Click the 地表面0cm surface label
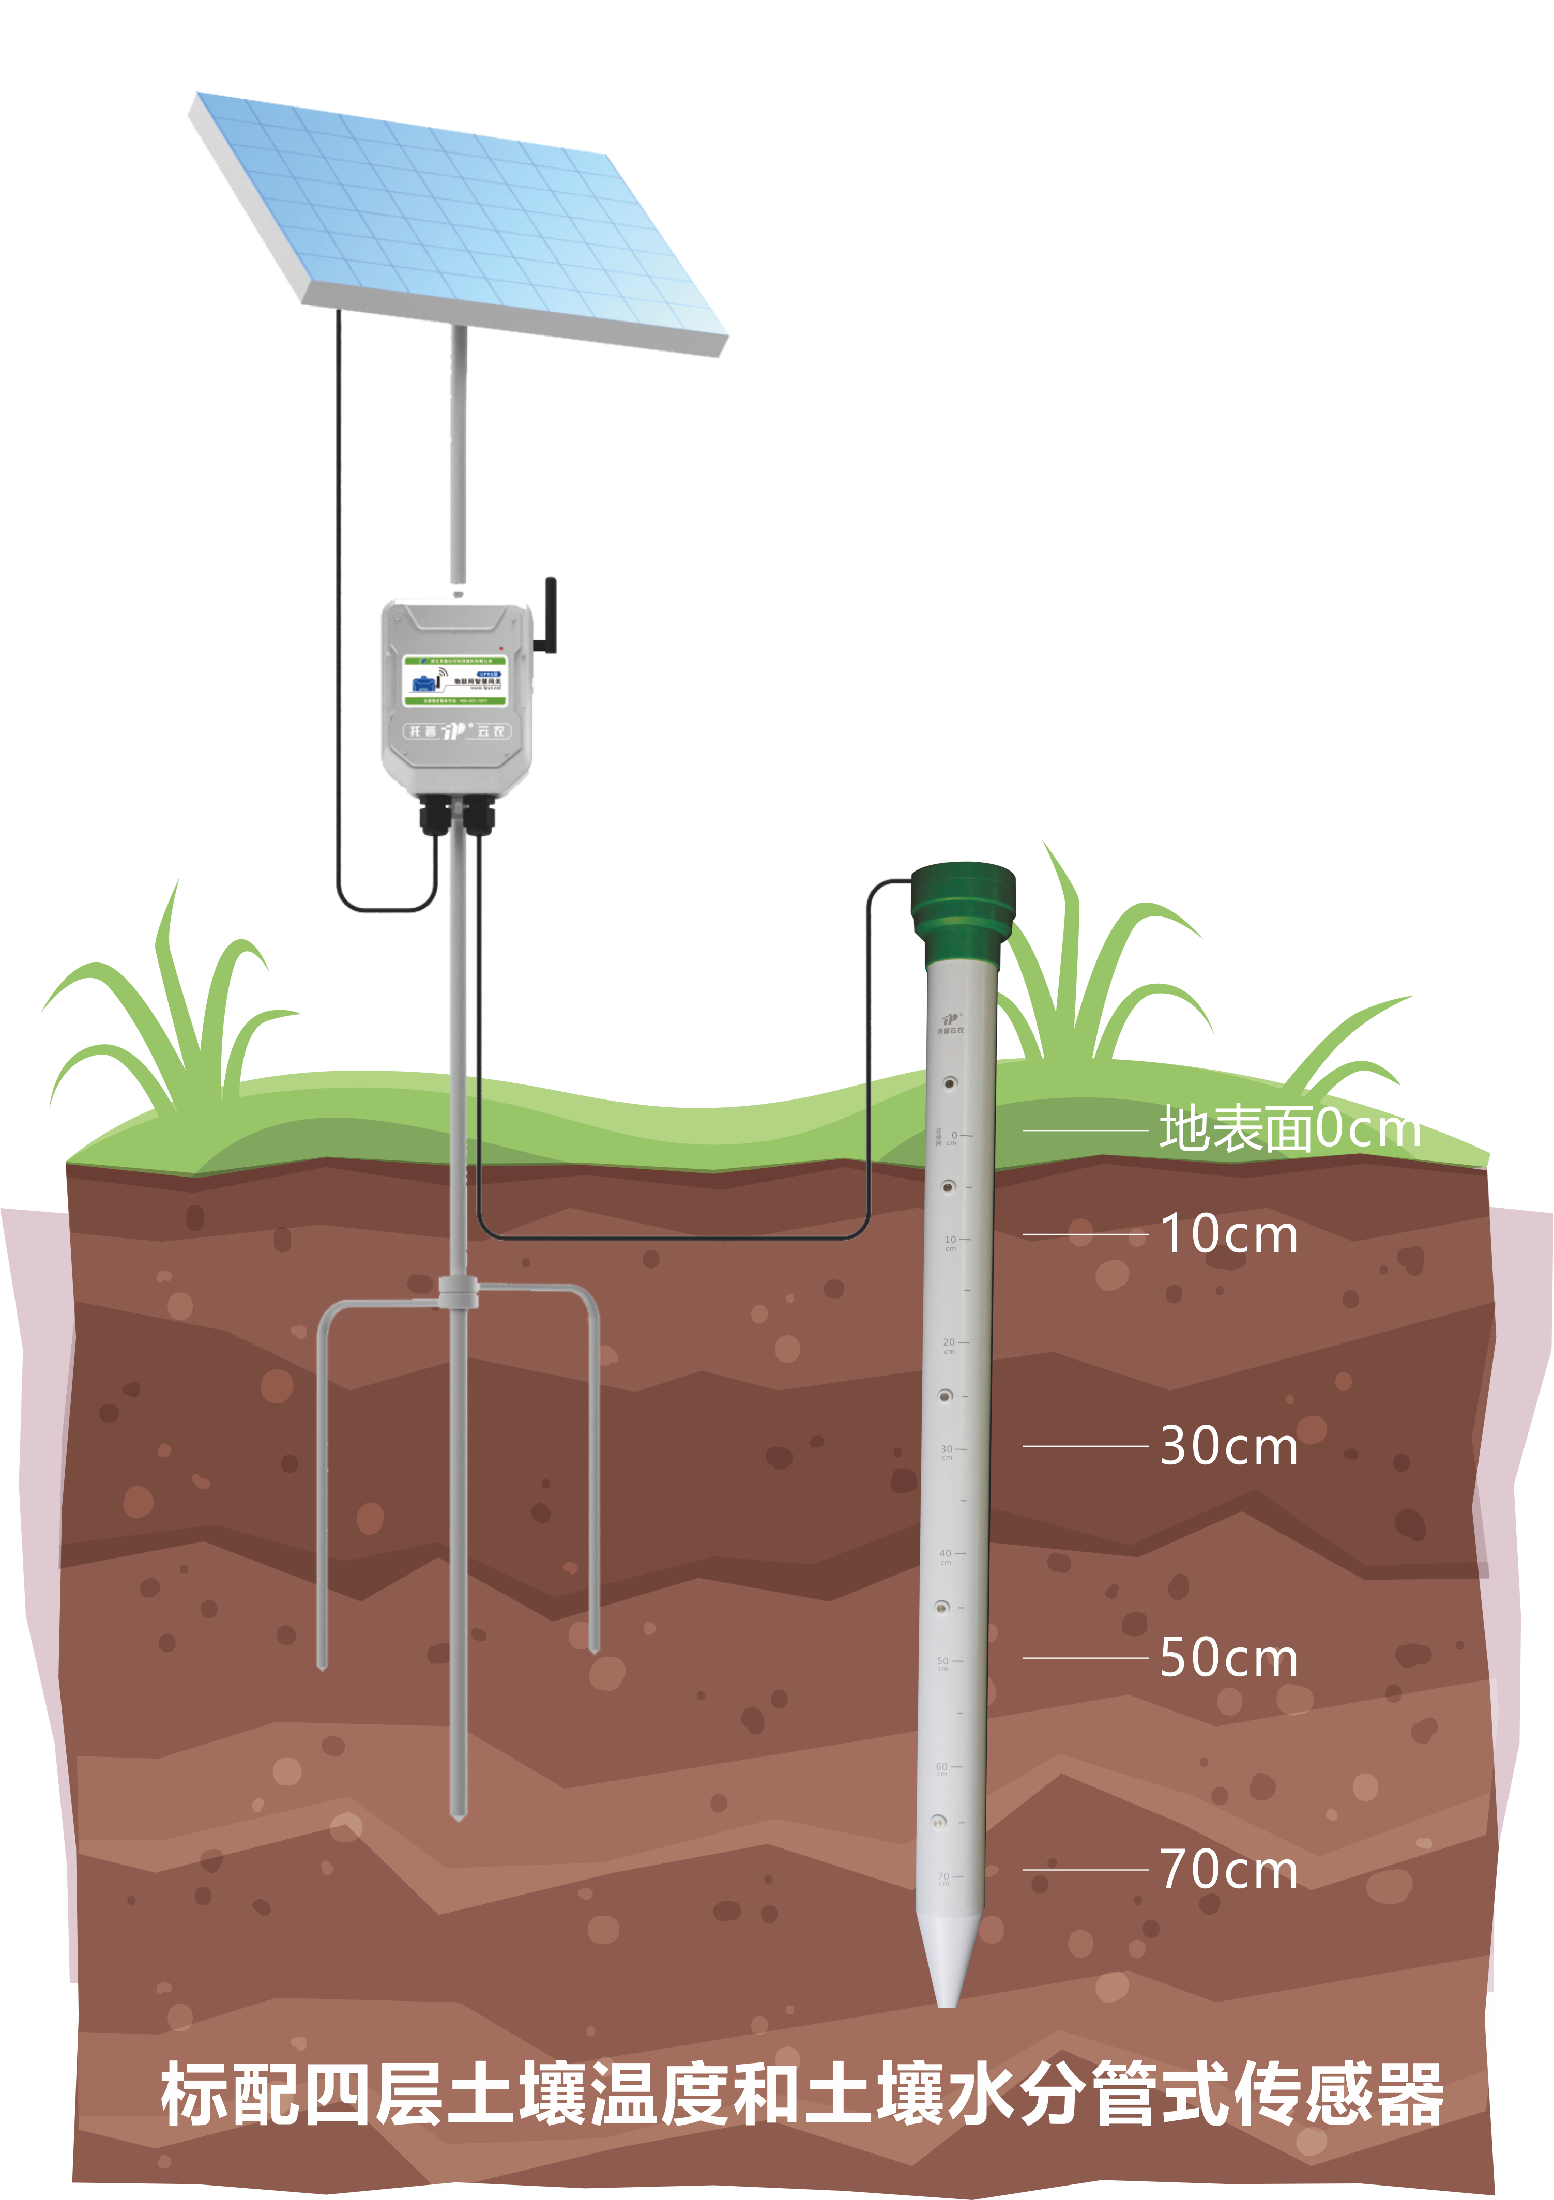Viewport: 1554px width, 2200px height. (x=1289, y=1129)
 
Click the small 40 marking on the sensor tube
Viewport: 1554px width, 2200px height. (x=946, y=1554)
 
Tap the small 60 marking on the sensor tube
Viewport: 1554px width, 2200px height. (x=942, y=1767)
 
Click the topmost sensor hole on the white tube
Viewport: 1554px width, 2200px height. (x=950, y=1083)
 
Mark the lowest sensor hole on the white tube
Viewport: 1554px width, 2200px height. (x=939, y=1821)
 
